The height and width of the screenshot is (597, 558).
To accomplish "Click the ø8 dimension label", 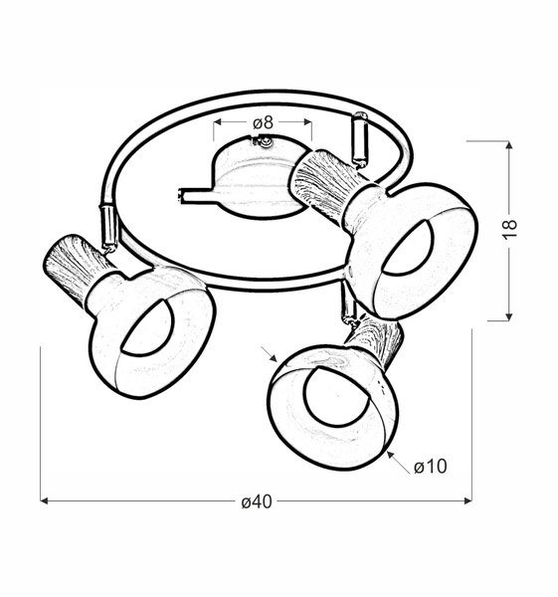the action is pyautogui.click(x=263, y=122).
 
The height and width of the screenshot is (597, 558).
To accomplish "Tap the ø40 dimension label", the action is pyautogui.click(x=257, y=501).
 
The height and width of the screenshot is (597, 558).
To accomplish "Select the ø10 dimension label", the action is pyautogui.click(x=431, y=467).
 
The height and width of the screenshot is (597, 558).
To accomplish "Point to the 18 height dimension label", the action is pyautogui.click(x=510, y=229).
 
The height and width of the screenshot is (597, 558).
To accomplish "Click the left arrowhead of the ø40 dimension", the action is pyautogui.click(x=44, y=500).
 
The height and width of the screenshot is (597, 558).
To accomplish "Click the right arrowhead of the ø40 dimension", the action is pyautogui.click(x=468, y=500).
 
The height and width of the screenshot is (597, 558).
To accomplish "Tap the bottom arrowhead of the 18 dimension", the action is pyautogui.click(x=509, y=316).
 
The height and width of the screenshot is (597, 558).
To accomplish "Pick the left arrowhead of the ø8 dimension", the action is pyautogui.click(x=218, y=121).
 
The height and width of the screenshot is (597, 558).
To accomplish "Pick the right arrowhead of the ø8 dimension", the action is pyautogui.click(x=308, y=121).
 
